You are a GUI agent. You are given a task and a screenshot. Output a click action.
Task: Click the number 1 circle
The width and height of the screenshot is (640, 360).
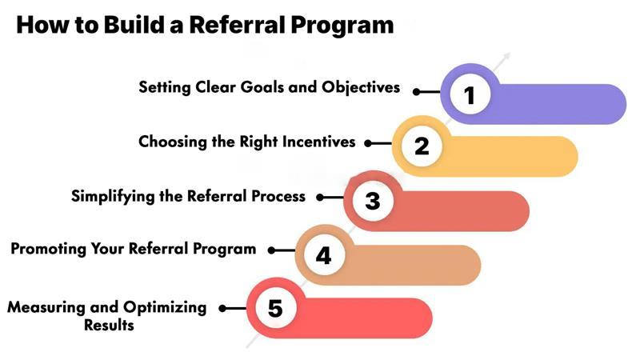click(x=470, y=94)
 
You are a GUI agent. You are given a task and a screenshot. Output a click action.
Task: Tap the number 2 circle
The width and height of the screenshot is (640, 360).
click(x=422, y=146)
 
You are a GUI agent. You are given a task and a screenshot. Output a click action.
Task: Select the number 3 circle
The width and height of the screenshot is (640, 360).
click(x=373, y=200)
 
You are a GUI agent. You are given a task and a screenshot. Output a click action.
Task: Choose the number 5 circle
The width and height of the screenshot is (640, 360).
click(x=275, y=308)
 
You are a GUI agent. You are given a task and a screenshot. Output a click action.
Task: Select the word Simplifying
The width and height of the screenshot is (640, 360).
click(x=110, y=196)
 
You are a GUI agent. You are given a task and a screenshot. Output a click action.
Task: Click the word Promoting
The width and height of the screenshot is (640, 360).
click(x=46, y=249)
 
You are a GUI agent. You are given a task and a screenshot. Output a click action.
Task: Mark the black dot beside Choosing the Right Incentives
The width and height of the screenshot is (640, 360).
click(x=369, y=144)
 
